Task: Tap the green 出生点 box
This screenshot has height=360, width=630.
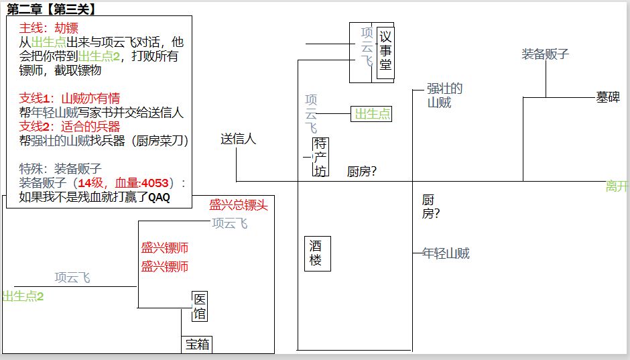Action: pos(371,114)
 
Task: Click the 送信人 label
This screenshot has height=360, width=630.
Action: pos(238,139)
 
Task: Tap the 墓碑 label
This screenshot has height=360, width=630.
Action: pos(608,97)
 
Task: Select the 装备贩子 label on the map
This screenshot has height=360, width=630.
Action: pos(546,54)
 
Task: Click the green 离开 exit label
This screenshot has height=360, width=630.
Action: pos(617,186)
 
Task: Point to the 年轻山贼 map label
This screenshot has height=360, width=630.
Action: pos(446,253)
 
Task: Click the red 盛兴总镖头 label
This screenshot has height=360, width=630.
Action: pos(238,205)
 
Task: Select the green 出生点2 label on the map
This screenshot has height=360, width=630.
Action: pos(23,296)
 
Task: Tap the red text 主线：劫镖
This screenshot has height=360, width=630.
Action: pos(49,28)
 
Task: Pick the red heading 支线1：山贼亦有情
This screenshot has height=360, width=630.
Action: pos(70,99)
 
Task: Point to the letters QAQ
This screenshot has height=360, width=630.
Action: pos(159,198)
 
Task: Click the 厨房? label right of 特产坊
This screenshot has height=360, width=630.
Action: pos(362,172)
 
